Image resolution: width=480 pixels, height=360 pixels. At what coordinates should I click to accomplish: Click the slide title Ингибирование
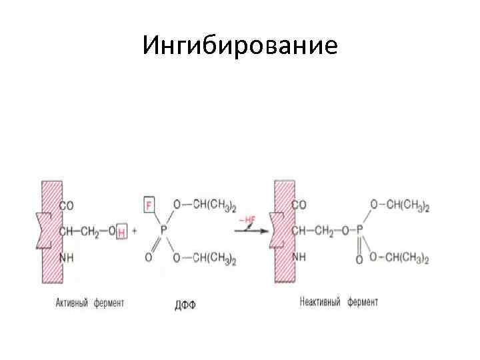pyautogui.click(x=240, y=45)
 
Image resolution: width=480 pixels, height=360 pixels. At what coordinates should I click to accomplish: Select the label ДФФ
pyautogui.click(x=186, y=305)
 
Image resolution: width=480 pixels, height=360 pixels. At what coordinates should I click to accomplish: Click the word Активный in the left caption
pyautogui.click(x=73, y=303)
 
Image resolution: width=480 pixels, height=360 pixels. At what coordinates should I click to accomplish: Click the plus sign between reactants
pyautogui.click(x=135, y=231)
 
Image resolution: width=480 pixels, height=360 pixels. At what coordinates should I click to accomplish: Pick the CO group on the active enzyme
pyautogui.click(x=67, y=206)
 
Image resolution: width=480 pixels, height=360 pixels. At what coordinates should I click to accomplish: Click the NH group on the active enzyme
pyautogui.click(x=67, y=257)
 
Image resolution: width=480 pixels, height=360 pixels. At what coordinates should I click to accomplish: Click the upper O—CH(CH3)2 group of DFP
pyautogui.click(x=204, y=205)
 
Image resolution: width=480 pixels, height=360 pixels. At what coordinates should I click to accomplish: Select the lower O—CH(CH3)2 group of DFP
pyautogui.click(x=204, y=259)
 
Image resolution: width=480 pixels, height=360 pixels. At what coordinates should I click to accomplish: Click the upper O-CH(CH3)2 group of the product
pyautogui.click(x=399, y=205)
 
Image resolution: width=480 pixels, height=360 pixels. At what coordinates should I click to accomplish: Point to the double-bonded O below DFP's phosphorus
pyautogui.click(x=149, y=257)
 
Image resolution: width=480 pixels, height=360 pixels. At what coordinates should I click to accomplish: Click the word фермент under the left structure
pyautogui.click(x=108, y=303)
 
